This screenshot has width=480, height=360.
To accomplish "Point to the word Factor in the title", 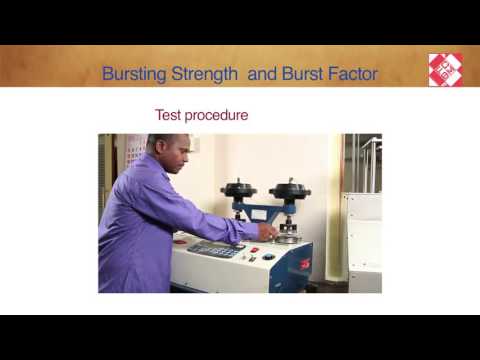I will pos(353,74).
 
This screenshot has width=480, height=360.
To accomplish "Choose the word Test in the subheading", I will pos(168,115).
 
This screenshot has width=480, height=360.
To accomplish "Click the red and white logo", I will pos(444,69).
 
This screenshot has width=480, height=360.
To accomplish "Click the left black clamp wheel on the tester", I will pos(239,190).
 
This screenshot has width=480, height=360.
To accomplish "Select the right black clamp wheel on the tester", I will pos(289,190).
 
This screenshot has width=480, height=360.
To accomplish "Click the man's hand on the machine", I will pos(267,231).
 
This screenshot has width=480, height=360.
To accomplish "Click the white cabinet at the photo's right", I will pos(364,241).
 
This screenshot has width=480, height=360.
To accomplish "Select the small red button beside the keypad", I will pos(254,250).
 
